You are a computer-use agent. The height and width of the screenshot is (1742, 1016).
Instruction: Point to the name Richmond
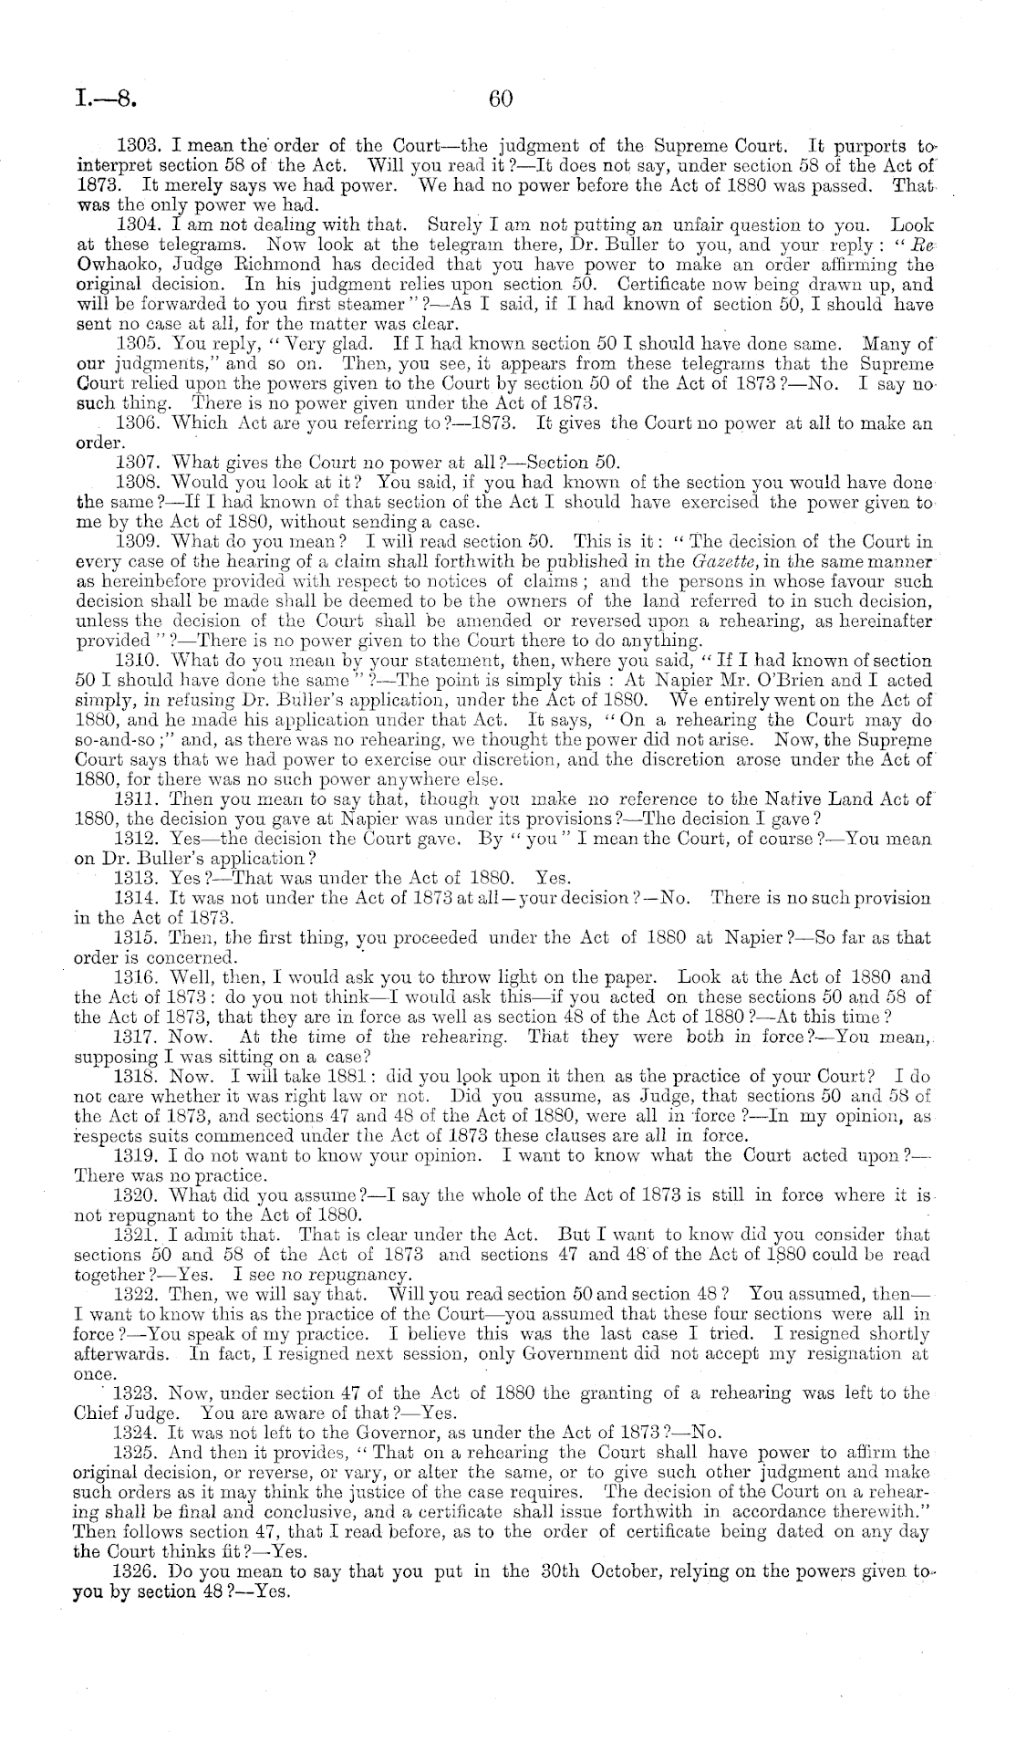[x=254, y=265]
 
